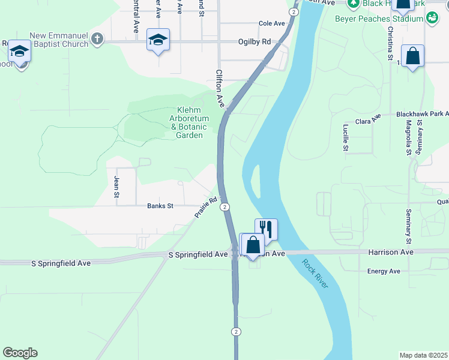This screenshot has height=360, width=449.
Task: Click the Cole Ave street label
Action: click(x=271, y=23)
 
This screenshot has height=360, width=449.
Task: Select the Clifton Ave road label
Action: click(x=220, y=88)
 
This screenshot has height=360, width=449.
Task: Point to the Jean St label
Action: click(x=116, y=187)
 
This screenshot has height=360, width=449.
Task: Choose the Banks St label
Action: click(x=160, y=206)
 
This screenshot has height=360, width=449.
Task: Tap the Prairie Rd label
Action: click(x=205, y=208)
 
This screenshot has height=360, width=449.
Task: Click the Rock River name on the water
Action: click(x=315, y=273)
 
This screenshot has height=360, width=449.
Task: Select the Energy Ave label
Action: click(x=384, y=271)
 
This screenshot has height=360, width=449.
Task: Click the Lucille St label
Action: click(x=346, y=138)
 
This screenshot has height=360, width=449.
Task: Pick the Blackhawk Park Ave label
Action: click(x=423, y=113)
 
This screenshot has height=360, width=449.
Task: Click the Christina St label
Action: click(x=390, y=39)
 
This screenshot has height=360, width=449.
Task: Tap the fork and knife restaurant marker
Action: click(x=266, y=228)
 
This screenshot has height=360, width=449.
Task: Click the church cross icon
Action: click(x=97, y=40)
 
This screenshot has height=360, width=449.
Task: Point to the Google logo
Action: click(x=20, y=353)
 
